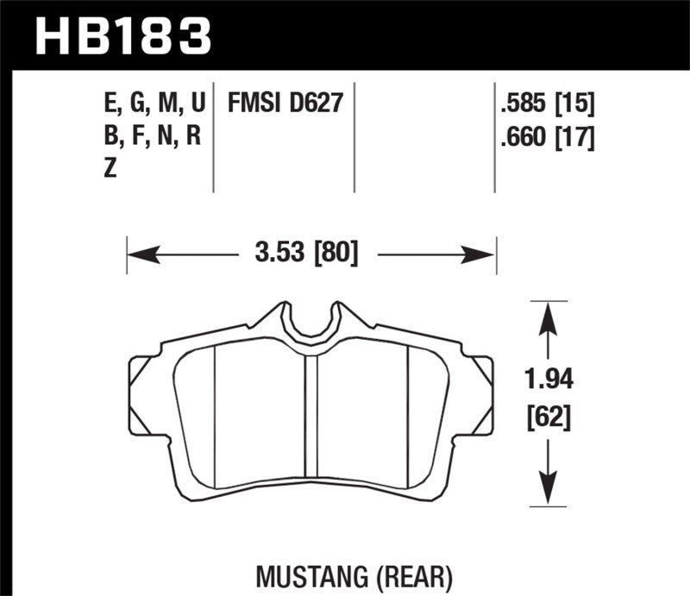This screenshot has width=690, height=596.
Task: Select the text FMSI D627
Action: pos(285,105)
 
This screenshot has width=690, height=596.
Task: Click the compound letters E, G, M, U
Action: pos(153,105)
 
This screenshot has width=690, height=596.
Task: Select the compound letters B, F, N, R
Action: pos(151,136)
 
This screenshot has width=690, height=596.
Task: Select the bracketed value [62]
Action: pos(547,419)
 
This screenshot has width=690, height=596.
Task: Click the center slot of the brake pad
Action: pos(311,414)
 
